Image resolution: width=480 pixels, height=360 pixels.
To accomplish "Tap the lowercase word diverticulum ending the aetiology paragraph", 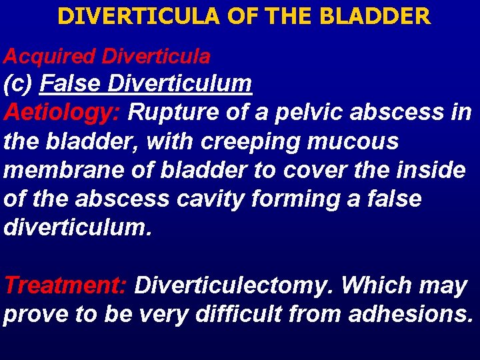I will point(77,227).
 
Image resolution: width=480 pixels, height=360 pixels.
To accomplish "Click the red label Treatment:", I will point(65,285).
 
